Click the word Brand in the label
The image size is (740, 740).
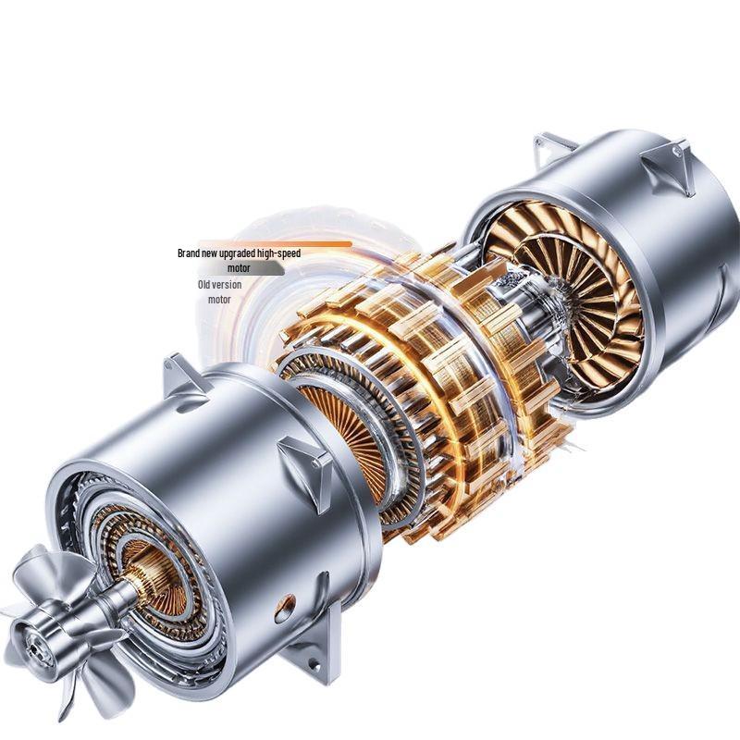click(x=189, y=253)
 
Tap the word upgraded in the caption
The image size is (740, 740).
click(x=238, y=253)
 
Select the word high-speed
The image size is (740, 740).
click(x=279, y=253)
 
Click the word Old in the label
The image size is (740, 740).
click(x=203, y=285)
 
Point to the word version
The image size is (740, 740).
click(x=227, y=285)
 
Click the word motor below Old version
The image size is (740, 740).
click(x=219, y=300)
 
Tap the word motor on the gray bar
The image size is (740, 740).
click(x=239, y=268)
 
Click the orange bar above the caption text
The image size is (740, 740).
click(x=275, y=244)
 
